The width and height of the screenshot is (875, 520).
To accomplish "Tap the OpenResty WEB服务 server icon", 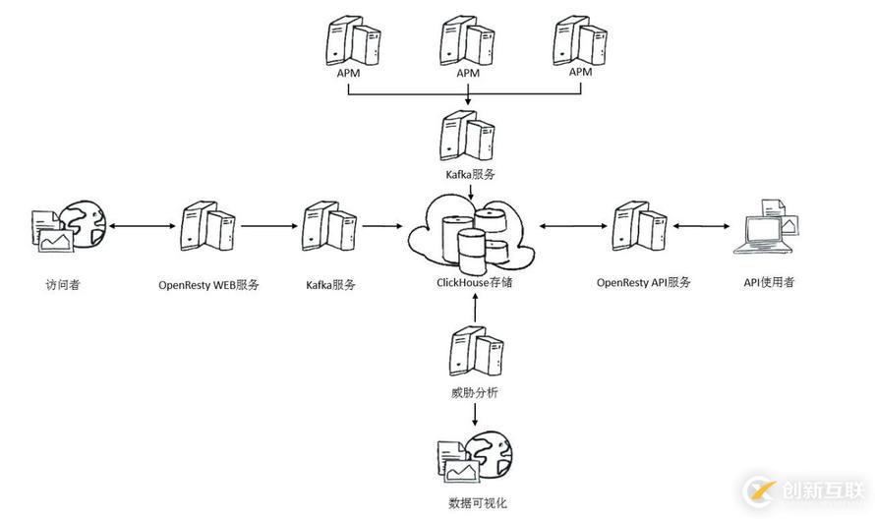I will (207, 227).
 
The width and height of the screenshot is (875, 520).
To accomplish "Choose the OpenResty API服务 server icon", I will (643, 227).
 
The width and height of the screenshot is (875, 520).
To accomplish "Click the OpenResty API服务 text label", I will (643, 283).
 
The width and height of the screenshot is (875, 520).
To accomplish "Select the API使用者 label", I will (769, 283).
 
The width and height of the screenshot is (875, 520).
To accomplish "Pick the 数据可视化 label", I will (475, 503).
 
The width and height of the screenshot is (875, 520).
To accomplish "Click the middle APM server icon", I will (468, 39).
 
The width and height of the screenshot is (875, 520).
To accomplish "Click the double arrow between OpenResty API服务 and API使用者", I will (706, 226).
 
